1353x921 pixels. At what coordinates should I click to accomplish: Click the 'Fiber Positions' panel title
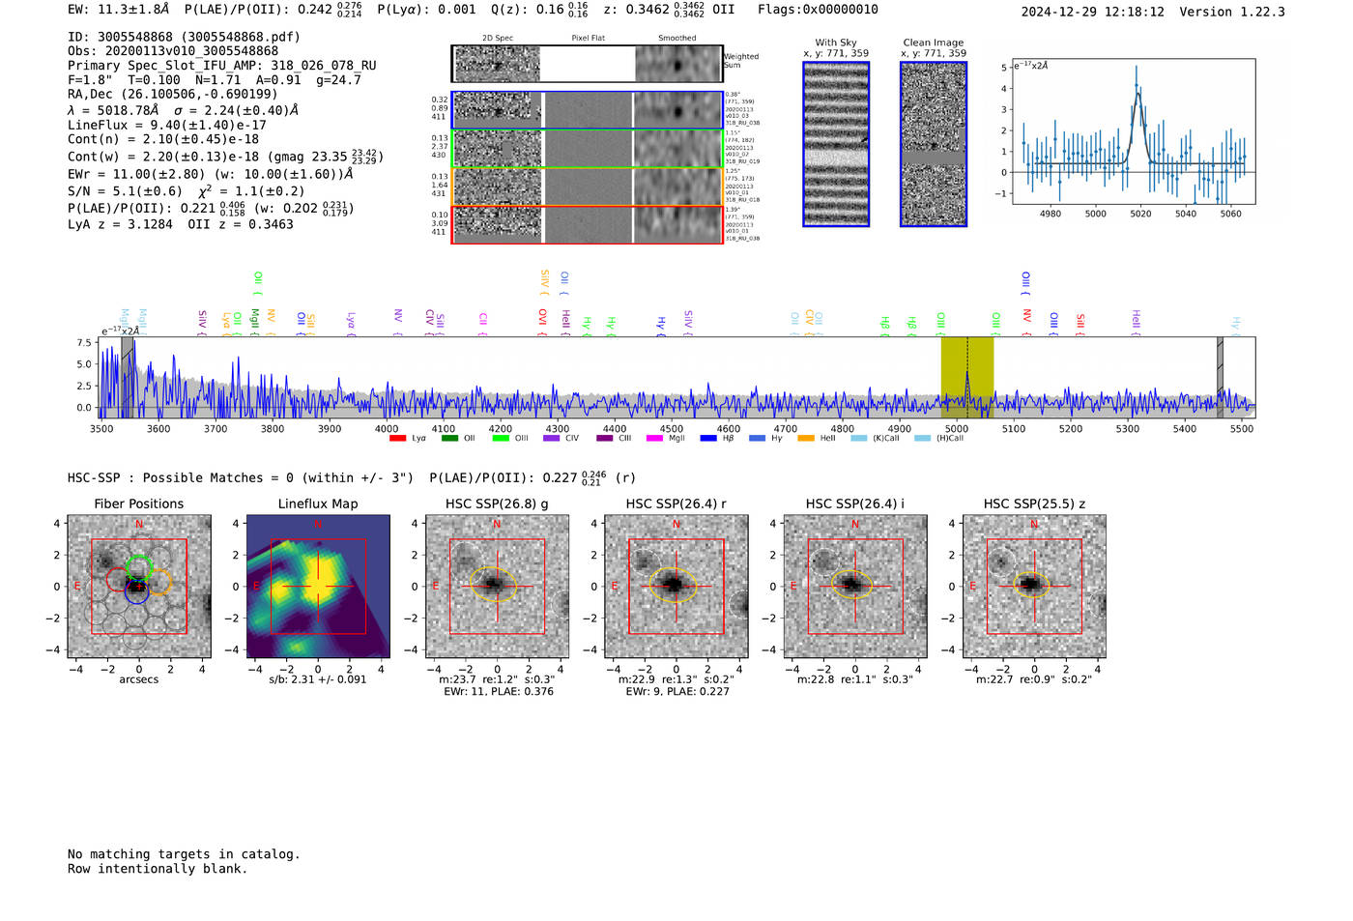pos(138,504)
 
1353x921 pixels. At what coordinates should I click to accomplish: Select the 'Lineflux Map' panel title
pos(318,504)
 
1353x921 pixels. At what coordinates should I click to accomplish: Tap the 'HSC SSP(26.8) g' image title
pos(497,504)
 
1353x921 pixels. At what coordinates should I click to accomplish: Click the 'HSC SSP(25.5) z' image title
pos(1034,504)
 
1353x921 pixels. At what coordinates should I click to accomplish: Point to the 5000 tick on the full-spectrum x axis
pos(956,428)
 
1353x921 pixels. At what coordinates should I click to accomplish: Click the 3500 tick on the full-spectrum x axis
pos(101,428)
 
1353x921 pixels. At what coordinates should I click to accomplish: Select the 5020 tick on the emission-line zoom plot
pos(1140,214)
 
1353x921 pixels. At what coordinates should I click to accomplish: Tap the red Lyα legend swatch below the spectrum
pos(397,439)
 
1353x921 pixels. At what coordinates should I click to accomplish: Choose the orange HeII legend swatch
pos(806,439)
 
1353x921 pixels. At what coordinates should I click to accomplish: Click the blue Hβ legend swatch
pos(708,439)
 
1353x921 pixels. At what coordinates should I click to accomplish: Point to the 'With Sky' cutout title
pos(836,43)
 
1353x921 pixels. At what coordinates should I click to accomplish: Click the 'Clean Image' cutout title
pos(934,43)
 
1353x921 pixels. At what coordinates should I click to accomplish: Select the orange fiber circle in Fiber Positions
pos(159,582)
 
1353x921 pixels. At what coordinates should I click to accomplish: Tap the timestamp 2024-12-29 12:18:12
pos(1092,12)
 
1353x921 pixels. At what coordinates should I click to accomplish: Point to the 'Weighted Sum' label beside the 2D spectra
pos(740,61)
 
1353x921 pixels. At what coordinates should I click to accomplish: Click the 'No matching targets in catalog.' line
pos(184,854)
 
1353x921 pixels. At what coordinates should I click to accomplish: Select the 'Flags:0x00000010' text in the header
pos(818,9)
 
